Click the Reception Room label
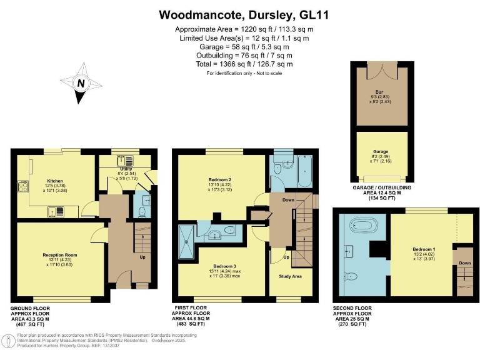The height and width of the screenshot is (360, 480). click(60, 255)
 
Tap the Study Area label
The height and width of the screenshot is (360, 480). click(289, 275)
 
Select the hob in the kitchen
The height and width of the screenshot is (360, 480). click(23, 186)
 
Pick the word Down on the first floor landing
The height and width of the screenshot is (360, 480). click(288, 200)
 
